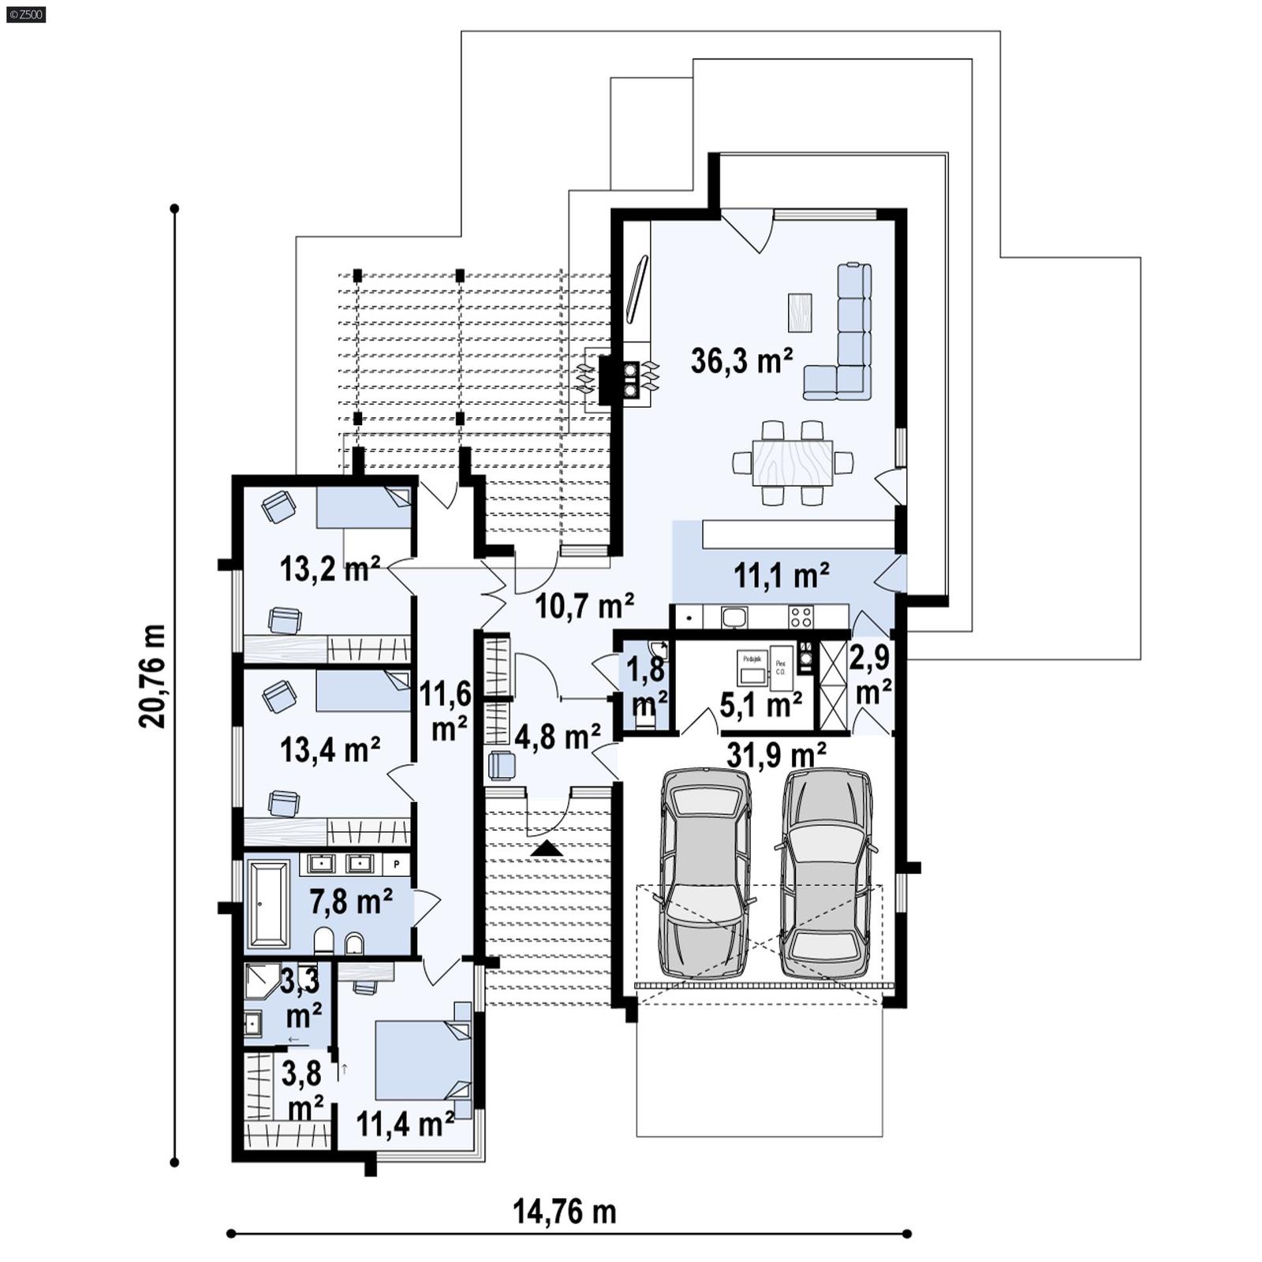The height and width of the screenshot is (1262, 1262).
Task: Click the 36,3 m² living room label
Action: (x=741, y=360)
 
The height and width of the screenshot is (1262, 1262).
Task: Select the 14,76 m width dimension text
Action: (x=565, y=1211)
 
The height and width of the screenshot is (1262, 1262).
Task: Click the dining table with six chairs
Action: (x=792, y=462)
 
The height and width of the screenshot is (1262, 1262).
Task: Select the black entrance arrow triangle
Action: (x=547, y=849)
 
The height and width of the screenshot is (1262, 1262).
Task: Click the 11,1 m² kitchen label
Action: (x=781, y=576)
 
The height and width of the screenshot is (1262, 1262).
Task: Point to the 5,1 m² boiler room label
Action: (x=761, y=704)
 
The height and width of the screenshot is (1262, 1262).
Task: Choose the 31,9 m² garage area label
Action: (x=776, y=755)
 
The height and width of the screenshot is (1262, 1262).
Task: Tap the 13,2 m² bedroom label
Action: (x=330, y=568)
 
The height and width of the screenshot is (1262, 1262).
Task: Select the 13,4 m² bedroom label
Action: (x=330, y=749)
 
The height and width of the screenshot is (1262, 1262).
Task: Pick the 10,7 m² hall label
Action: (x=584, y=606)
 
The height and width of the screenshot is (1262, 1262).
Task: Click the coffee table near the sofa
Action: (x=799, y=312)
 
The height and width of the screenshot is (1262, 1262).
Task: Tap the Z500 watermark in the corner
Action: (x=25, y=14)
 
